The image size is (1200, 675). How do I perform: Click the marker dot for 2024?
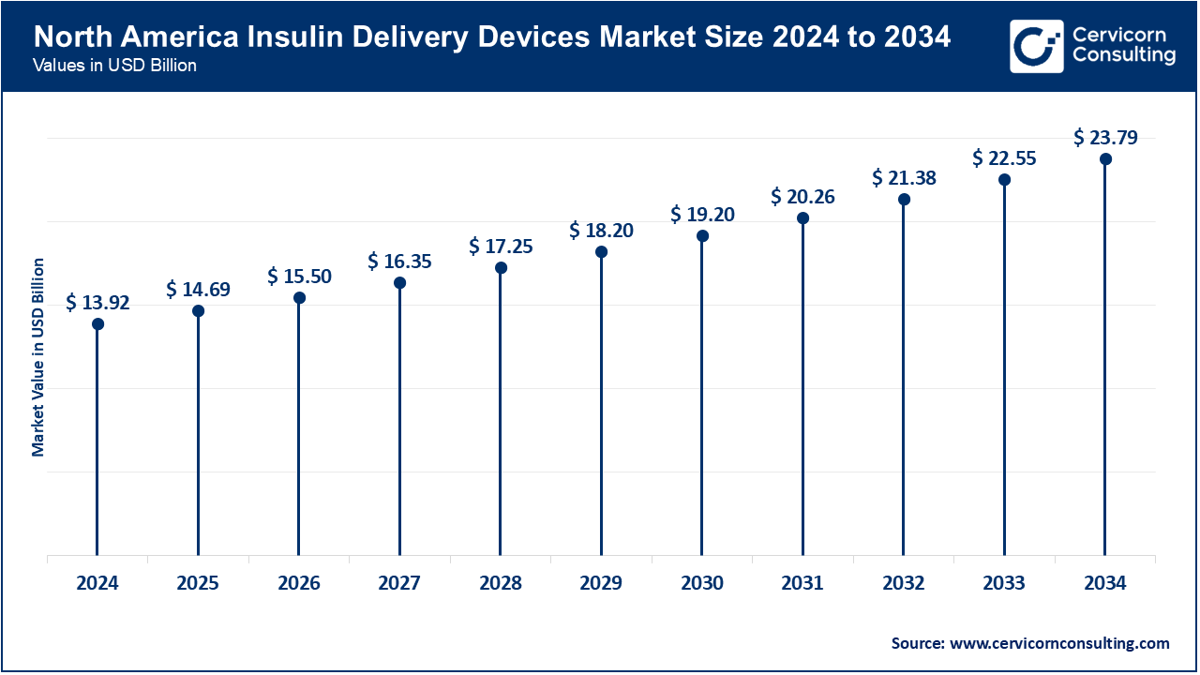(97, 324)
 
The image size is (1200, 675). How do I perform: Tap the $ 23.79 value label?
(1105, 139)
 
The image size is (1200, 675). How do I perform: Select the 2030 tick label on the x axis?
(702, 583)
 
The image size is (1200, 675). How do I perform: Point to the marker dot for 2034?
(1105, 159)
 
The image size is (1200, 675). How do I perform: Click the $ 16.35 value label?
(399, 262)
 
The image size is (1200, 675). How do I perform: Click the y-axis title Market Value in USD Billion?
(38, 356)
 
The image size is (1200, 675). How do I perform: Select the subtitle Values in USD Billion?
(114, 66)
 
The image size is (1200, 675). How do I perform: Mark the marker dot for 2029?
(601, 252)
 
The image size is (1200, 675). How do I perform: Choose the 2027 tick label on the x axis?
(399, 583)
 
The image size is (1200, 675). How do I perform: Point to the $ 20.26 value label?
(802, 197)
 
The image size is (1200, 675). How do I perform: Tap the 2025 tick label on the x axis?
(198, 583)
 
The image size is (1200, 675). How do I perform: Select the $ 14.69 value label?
(198, 290)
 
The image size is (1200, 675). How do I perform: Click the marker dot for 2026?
(299, 298)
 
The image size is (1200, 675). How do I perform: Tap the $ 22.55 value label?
(1004, 158)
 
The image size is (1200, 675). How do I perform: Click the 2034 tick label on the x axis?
(1105, 583)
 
